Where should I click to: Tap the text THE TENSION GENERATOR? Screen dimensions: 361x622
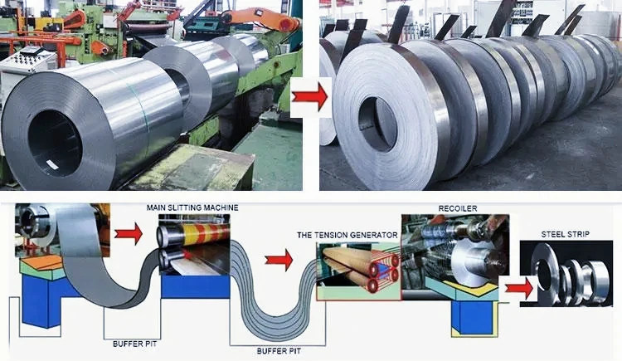347,235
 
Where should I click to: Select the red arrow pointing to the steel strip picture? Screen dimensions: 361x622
518,288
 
